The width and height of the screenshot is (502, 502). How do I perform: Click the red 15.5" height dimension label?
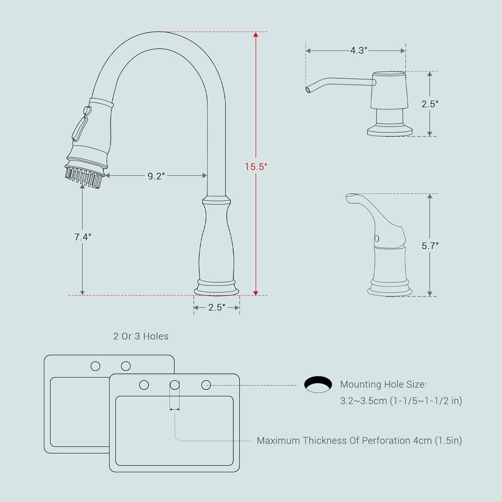click(256, 167)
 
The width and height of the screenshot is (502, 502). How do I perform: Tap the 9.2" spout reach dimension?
click(156, 176)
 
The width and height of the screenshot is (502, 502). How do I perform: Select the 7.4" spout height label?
click(83, 237)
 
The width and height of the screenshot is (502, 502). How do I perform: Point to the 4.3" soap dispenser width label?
click(359, 51)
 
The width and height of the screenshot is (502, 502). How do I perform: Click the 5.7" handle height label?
click(430, 246)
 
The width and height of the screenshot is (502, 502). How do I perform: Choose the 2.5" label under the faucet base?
click(217, 308)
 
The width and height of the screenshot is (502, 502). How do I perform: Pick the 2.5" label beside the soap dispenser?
click(430, 104)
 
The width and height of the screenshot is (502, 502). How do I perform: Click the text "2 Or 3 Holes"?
click(141, 336)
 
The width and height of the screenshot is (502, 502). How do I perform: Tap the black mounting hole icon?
click(318, 384)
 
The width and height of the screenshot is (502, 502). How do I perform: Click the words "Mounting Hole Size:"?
click(384, 384)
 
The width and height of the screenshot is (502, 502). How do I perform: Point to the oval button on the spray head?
click(87, 110)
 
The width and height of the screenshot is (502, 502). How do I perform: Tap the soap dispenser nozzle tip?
click(308, 90)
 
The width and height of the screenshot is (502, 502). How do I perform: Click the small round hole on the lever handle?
click(377, 239)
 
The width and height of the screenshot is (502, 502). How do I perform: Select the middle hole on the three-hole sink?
click(175, 385)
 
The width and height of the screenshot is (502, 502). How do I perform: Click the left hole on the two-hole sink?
click(95, 366)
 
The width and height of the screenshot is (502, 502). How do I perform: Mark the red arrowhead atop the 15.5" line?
click(256, 34)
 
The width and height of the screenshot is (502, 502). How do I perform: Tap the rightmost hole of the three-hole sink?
click(206, 385)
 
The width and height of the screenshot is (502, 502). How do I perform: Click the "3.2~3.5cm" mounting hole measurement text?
click(363, 401)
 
